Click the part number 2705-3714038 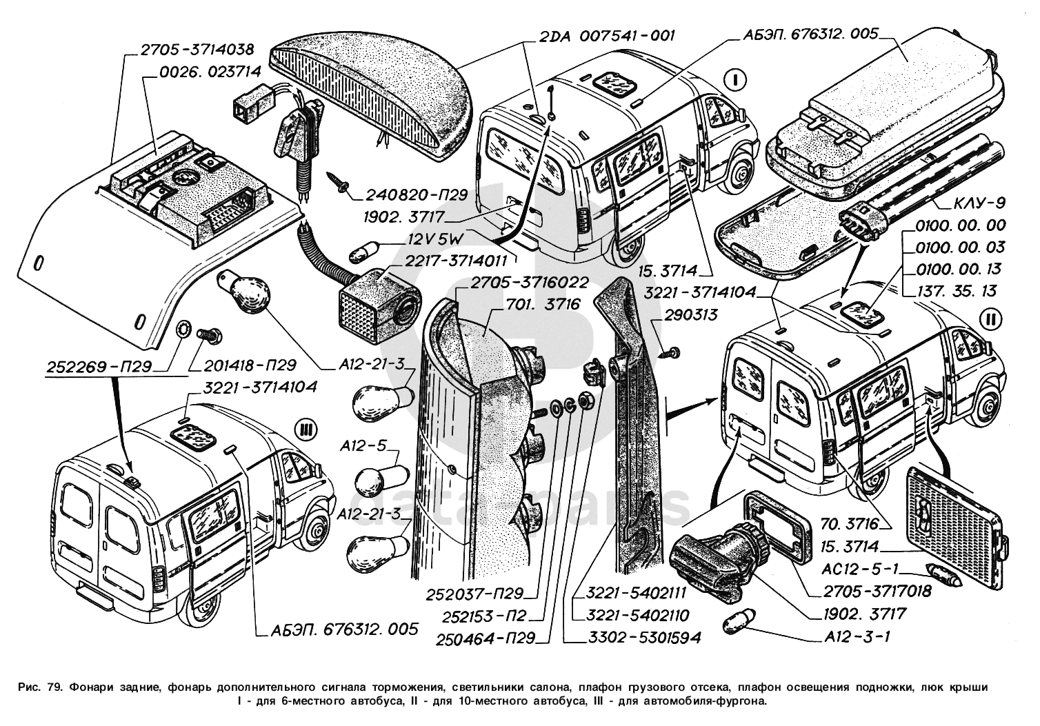[197, 50]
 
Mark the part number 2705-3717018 [877, 591]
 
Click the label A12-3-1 [856, 636]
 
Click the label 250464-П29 [485, 638]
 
